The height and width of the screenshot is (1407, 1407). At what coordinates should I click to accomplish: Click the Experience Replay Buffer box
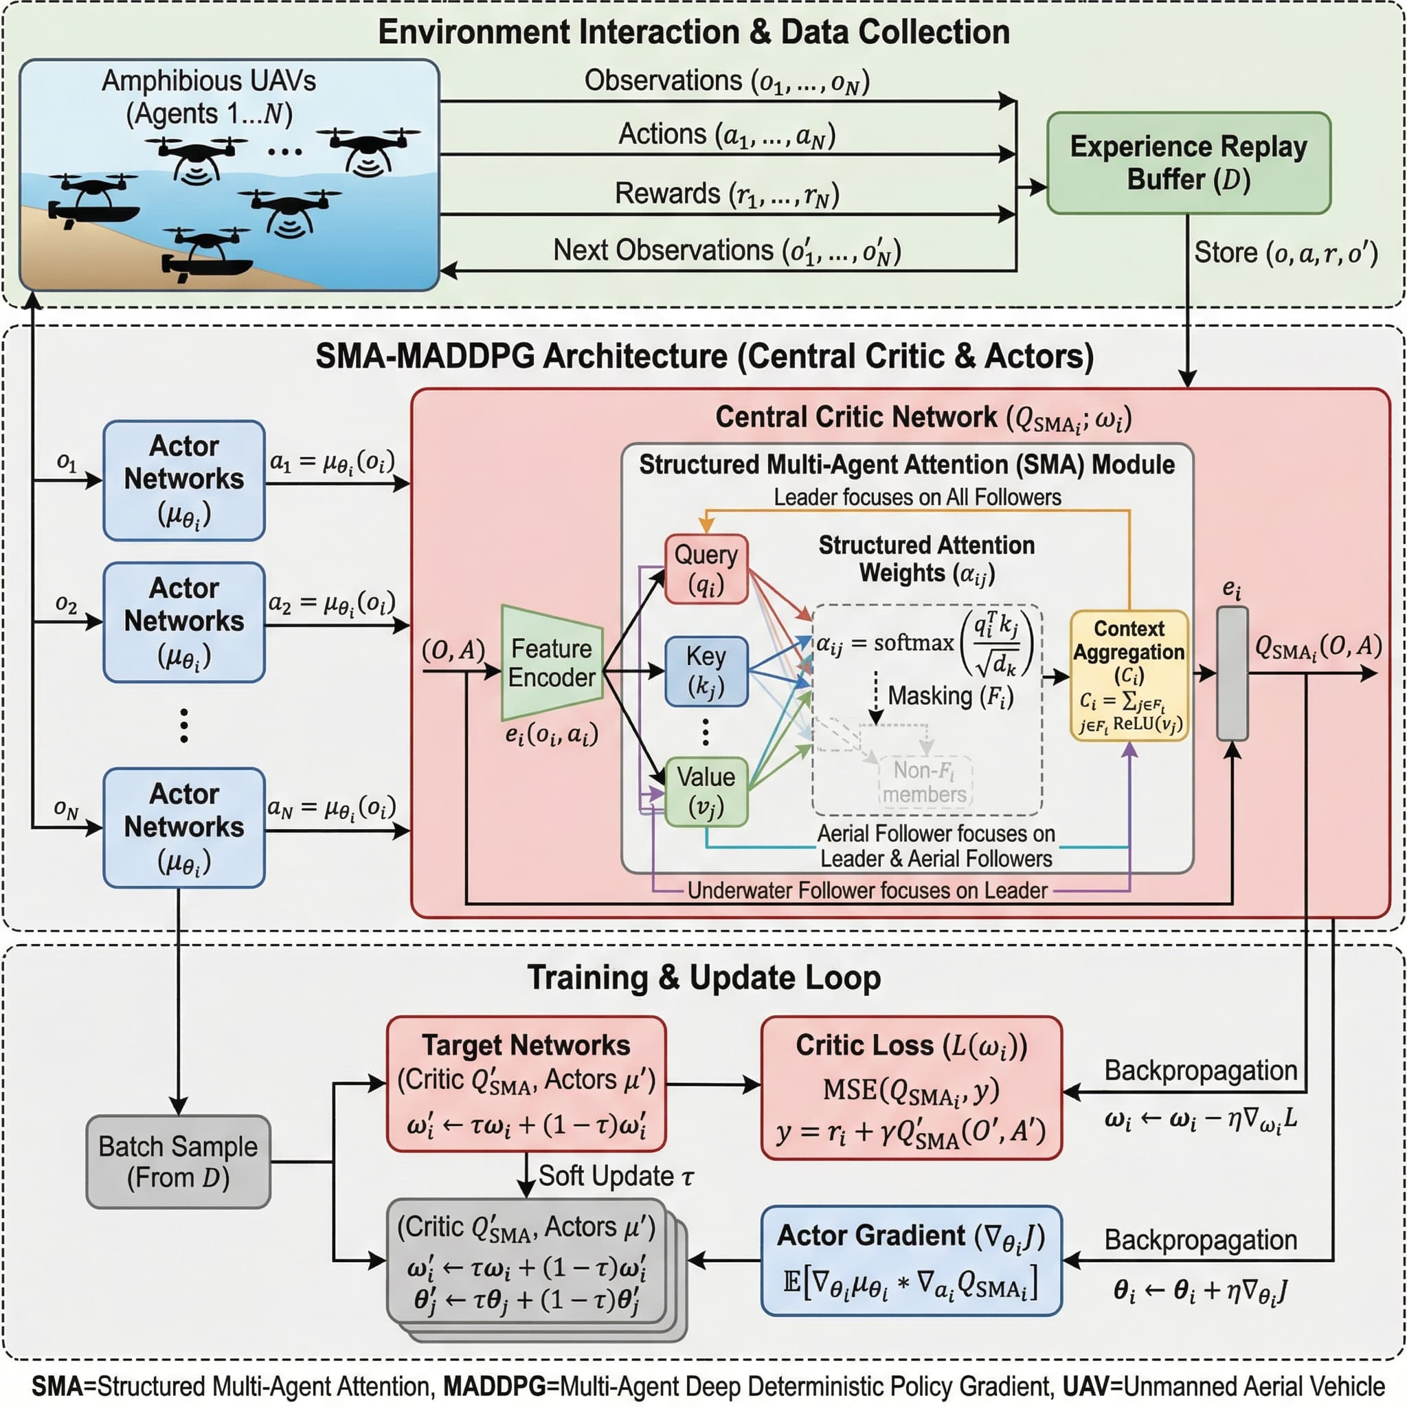pos(1188,162)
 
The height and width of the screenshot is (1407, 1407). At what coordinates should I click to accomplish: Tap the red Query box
pos(706,569)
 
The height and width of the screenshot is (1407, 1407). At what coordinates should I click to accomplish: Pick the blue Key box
pos(706,671)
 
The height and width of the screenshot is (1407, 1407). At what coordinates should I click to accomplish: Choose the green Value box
pos(706,791)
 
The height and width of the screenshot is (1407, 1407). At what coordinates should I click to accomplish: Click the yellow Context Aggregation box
pos(1129,675)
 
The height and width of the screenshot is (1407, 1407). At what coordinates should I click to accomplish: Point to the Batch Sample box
pos(178,1162)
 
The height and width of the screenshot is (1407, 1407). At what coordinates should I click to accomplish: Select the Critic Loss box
pos(911,1088)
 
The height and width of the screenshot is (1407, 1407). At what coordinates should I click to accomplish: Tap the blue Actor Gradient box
pos(911,1261)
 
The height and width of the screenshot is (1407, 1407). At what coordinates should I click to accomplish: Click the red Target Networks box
pos(526,1083)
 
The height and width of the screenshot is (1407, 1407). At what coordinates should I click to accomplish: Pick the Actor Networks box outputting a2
pos(183,622)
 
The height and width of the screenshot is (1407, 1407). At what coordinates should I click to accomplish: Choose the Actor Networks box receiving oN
pos(183,827)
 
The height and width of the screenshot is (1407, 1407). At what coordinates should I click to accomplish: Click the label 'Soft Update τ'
pos(616,1176)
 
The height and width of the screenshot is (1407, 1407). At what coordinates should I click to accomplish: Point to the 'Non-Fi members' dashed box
pos(925,781)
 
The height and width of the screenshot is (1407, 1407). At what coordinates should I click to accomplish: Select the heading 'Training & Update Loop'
pos(703,978)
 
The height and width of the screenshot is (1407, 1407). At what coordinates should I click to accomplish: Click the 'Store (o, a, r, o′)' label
pos(1285,253)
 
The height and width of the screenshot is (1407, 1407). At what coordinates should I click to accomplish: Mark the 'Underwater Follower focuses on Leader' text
pos(866,890)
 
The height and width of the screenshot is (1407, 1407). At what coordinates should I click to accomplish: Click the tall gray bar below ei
pos(1232,674)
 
